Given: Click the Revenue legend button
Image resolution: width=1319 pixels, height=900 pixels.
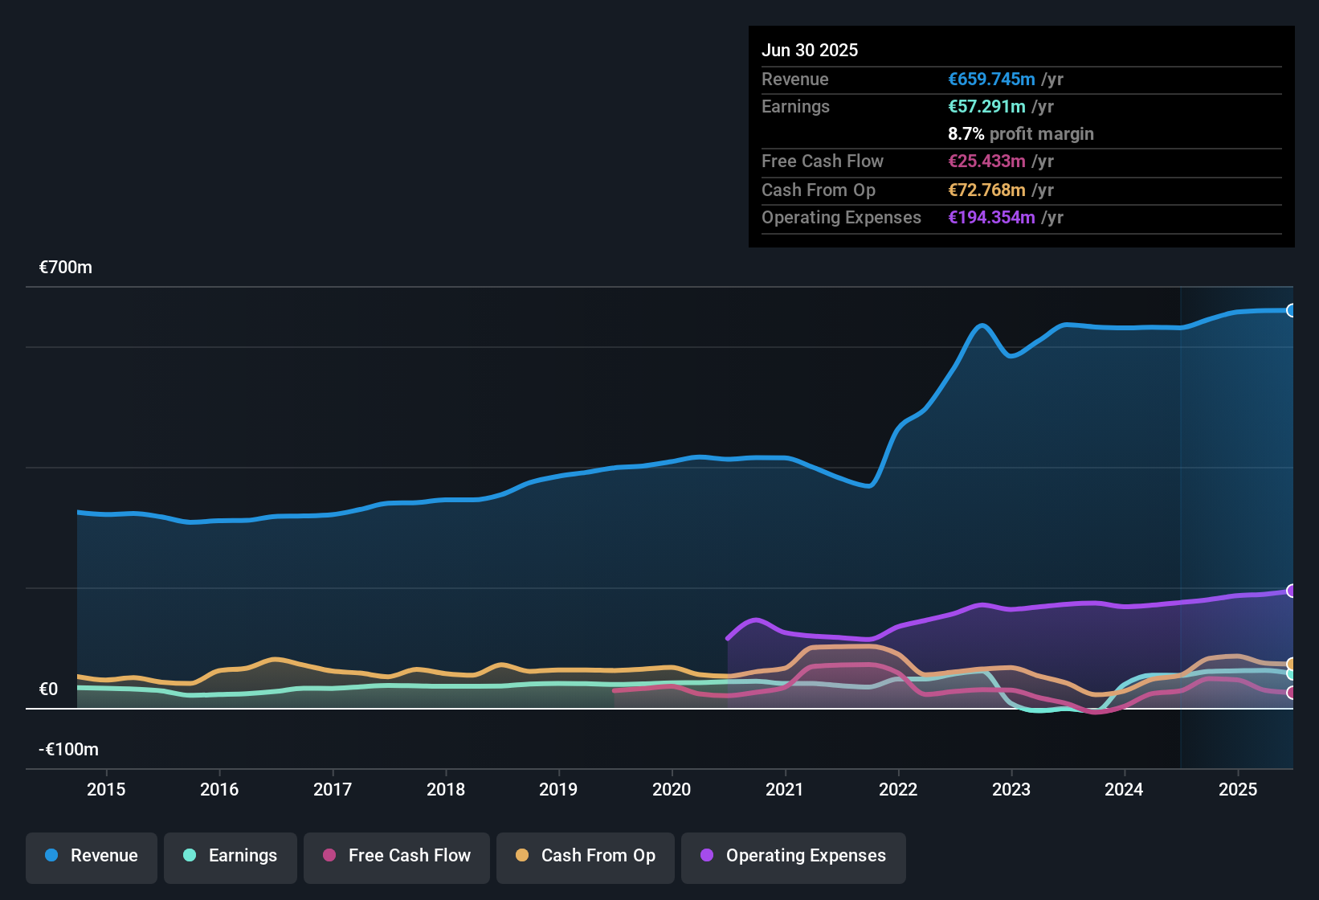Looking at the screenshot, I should click(x=92, y=856).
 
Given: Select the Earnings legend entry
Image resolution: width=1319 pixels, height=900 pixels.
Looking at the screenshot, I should click(x=231, y=856).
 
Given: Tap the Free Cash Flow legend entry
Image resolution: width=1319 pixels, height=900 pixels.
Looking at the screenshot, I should click(x=397, y=856).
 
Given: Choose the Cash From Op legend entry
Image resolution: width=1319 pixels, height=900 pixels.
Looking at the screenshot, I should click(x=586, y=856).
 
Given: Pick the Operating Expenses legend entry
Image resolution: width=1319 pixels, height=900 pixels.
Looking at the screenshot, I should click(x=794, y=856).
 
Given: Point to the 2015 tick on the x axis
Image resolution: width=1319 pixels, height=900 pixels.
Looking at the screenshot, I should click(x=106, y=789).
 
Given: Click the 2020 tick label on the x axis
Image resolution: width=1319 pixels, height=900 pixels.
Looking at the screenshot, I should click(x=672, y=789).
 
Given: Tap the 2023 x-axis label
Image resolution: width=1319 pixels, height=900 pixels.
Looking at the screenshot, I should click(x=1011, y=789).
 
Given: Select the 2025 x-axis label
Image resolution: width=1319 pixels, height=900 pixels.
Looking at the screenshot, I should click(x=1238, y=789).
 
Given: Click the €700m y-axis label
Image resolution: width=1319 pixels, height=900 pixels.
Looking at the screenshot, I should click(x=66, y=268).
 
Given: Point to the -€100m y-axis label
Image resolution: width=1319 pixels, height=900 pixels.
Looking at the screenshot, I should click(x=69, y=750).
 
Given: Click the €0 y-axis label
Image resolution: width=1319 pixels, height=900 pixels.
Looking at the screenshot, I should click(x=48, y=689).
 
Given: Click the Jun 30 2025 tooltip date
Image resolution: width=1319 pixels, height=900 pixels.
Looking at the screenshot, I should click(x=810, y=50).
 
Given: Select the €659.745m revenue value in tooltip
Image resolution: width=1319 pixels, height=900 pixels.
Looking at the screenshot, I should click(x=991, y=79).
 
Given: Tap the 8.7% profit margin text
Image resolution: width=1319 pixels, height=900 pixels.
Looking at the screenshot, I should click(x=1021, y=134).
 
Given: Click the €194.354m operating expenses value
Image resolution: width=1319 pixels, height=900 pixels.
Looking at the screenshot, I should click(x=991, y=218).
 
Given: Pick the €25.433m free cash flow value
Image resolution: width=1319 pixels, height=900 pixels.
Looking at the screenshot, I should click(x=986, y=162).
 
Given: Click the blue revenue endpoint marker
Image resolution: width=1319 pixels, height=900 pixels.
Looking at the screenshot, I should click(x=1291, y=310).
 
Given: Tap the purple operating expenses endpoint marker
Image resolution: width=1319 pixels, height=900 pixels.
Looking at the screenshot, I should click(x=1291, y=591).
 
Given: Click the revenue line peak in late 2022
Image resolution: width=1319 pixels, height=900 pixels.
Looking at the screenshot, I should click(x=981, y=325).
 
